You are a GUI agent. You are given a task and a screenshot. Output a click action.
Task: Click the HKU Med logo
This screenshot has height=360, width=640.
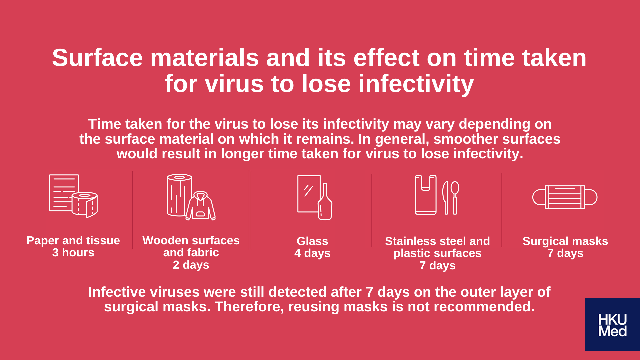pos(612,324)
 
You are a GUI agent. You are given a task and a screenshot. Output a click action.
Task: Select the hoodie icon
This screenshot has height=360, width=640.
pos(200,206)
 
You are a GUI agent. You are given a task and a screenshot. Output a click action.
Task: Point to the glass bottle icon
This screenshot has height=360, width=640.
pos(325,202)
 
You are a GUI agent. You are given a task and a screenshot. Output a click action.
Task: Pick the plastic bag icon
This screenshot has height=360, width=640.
pos(426,195)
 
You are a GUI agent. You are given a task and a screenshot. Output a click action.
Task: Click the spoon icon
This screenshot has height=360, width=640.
pos(455,197)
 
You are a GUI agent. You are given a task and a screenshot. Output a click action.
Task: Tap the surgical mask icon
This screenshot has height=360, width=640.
pos(565,197)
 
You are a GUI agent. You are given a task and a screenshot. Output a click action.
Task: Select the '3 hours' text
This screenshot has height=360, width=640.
pos(73,253)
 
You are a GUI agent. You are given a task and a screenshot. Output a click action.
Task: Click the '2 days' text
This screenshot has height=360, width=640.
pos(191,265)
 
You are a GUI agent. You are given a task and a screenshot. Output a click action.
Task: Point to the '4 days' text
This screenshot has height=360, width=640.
pos(312,253)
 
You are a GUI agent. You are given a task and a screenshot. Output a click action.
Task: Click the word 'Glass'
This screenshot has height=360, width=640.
pos(312,241)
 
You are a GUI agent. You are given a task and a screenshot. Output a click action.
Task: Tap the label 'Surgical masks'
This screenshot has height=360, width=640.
pos(565,241)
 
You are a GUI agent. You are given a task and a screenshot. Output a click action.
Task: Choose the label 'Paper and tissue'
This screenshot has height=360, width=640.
pos(73,241)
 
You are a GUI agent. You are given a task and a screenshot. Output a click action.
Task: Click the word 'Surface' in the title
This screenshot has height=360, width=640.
pos(97,58)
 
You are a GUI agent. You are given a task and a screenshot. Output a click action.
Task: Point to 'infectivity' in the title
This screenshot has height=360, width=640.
pos(416,84)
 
